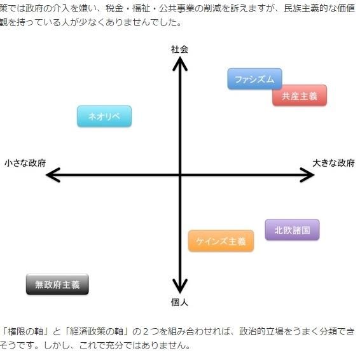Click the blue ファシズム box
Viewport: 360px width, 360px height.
pos(254,79)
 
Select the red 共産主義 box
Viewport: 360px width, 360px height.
pos(300,95)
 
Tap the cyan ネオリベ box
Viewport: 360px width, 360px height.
pos(104,116)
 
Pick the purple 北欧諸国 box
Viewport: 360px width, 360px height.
pos(292,230)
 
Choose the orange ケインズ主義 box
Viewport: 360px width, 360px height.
pos(221,241)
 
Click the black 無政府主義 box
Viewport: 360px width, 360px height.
pos(57,284)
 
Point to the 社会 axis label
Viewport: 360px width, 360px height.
pos(179,50)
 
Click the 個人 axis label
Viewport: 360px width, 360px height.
pos(179,302)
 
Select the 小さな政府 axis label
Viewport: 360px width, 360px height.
pos(25,163)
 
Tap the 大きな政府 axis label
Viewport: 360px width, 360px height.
pos(333,163)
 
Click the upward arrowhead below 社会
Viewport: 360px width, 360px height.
pos(180,64)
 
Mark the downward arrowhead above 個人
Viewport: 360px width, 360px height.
pos(180,286)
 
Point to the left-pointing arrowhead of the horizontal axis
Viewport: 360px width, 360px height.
pos(53,175)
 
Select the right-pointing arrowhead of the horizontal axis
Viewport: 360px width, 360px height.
pos(307,175)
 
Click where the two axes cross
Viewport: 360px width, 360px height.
pos(180,175)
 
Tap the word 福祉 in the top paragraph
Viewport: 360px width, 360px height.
pos(141,9)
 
